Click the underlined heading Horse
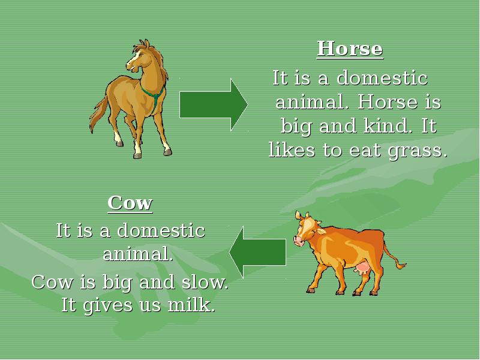350,49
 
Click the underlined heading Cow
130,203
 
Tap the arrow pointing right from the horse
214,104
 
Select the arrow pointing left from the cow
258,252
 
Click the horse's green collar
153,95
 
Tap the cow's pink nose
298,241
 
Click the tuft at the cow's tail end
401,265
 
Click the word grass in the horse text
418,151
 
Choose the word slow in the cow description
205,281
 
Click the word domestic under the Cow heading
161,230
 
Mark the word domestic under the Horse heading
382,77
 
